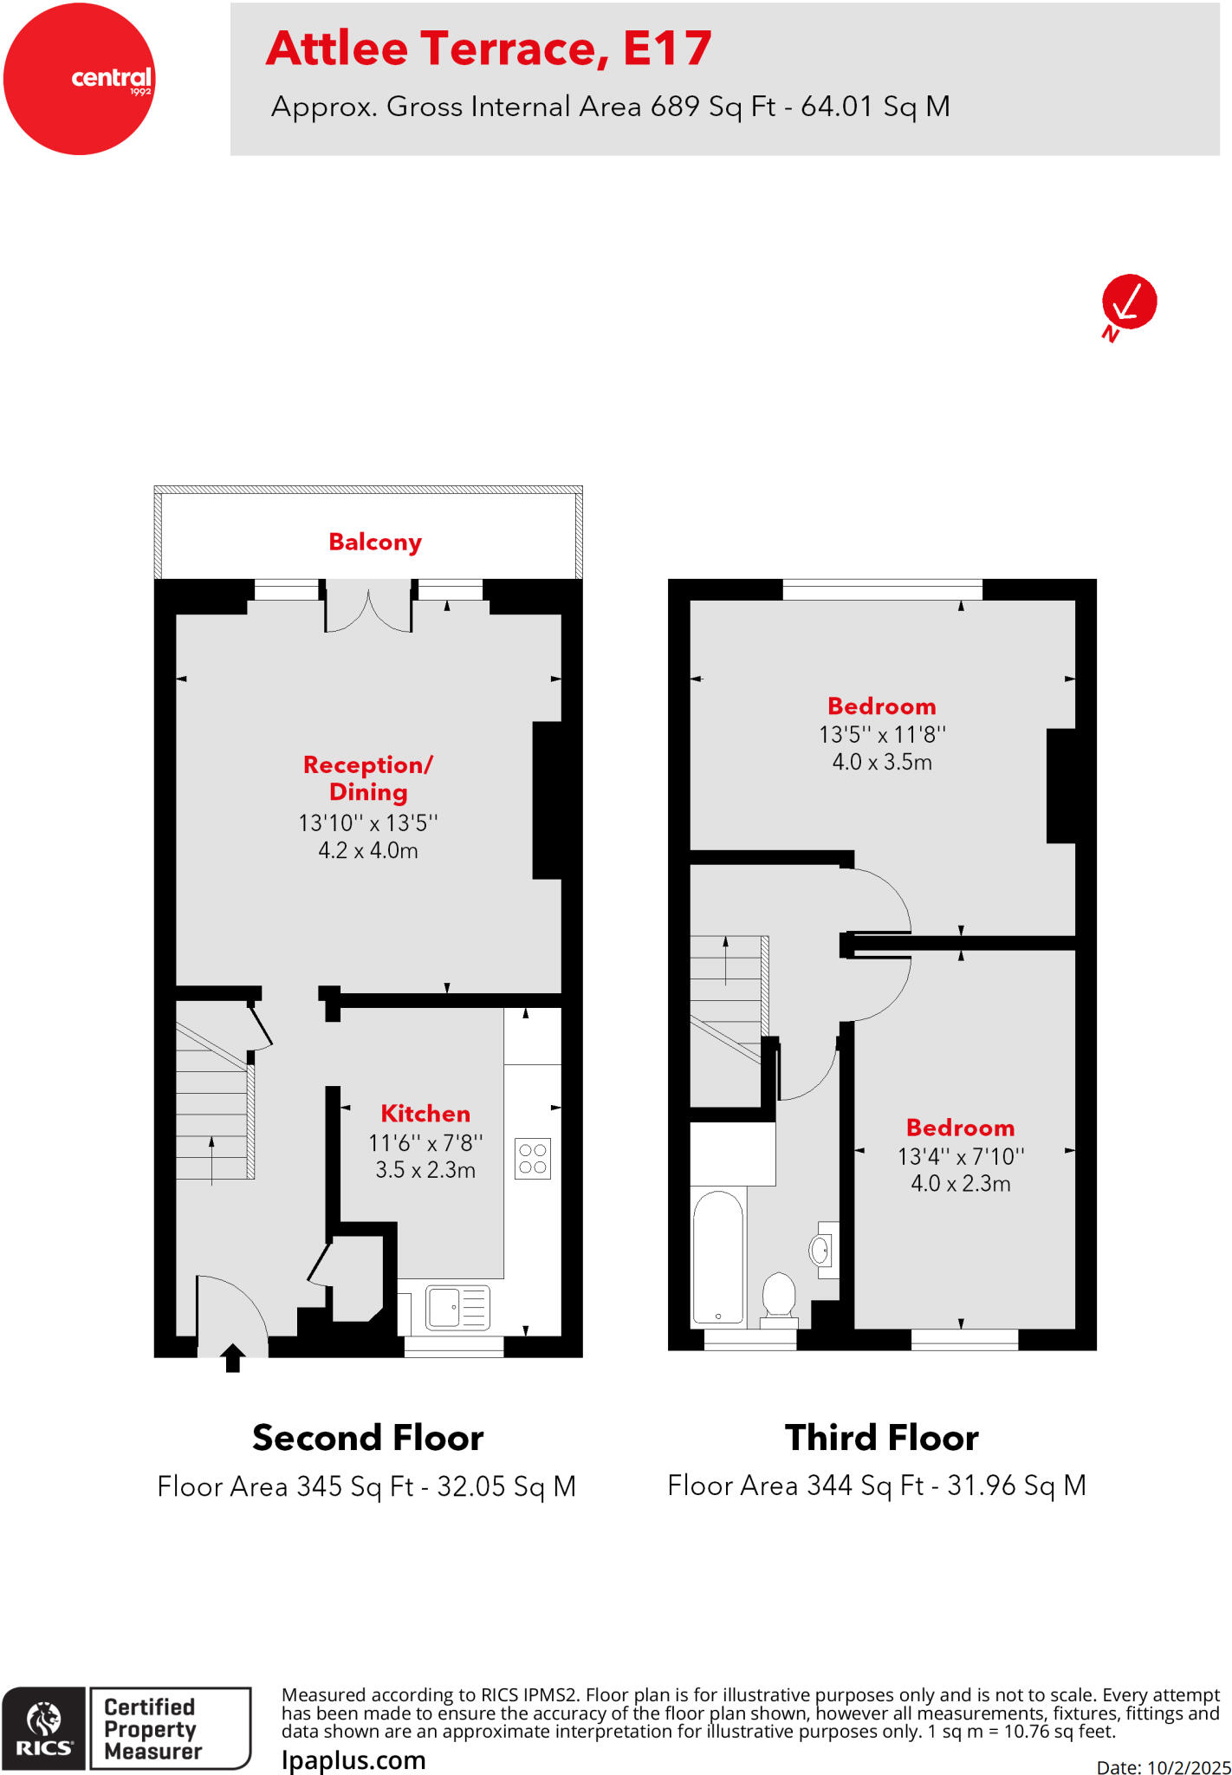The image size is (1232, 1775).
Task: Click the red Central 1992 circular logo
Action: point(79,79)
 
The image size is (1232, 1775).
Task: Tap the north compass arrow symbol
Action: point(1129,302)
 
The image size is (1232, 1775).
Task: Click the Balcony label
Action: point(374,543)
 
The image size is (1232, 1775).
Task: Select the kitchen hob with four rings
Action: point(533,1159)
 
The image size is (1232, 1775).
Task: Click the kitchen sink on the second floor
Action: point(457,1308)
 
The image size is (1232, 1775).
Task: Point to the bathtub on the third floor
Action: point(718,1258)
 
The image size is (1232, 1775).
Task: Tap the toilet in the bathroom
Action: point(779,1297)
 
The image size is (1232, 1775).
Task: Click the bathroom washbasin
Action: point(821,1250)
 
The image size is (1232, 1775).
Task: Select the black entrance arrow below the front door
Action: point(232,1357)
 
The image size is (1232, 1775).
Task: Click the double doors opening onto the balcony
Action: point(368,611)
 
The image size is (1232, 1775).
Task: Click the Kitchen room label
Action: point(425,1114)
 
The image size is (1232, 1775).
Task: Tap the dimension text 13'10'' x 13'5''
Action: point(368,823)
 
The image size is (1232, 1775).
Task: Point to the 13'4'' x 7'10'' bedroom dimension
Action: point(961,1157)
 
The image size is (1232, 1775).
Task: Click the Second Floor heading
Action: point(367,1439)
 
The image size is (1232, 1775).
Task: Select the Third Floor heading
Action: point(881,1439)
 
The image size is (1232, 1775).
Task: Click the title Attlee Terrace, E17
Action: point(489,49)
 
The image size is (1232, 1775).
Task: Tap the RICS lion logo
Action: point(44,1728)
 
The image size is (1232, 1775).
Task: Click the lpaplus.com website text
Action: point(353,1760)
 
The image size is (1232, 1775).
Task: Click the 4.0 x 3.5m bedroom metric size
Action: point(882,763)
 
